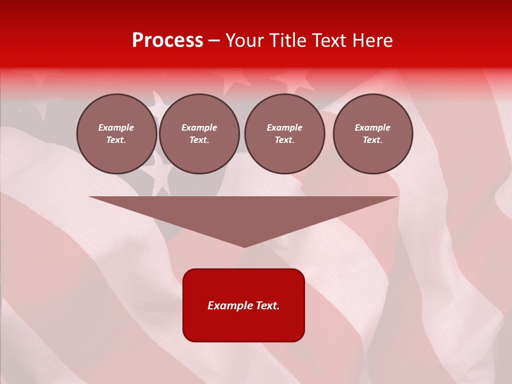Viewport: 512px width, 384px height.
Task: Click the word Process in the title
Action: (167, 41)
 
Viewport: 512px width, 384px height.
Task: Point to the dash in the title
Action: (214, 41)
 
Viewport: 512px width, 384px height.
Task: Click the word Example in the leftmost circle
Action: (116, 127)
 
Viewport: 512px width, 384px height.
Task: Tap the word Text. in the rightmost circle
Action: (373, 140)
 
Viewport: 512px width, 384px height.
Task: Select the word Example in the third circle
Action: (285, 127)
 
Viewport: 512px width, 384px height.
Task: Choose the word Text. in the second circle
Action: (199, 140)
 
